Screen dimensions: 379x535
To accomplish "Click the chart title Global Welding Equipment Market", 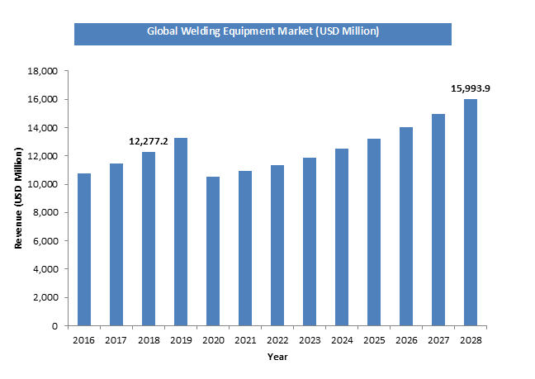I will [x=263, y=31].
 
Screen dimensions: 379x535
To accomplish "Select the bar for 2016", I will [x=83, y=249].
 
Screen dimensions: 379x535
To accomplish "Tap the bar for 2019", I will [x=180, y=231].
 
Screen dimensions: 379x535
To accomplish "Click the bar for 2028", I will [x=470, y=212].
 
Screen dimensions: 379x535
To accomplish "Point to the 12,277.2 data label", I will [x=149, y=141].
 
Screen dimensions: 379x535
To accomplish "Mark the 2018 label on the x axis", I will [x=148, y=339].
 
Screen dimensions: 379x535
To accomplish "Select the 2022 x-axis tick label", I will [x=277, y=339].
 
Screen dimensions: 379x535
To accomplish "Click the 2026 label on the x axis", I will [x=405, y=339].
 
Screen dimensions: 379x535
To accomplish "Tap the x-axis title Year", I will [x=277, y=357].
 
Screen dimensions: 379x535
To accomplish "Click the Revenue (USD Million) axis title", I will [x=18, y=199].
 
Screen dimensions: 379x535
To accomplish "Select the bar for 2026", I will [x=405, y=226].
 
